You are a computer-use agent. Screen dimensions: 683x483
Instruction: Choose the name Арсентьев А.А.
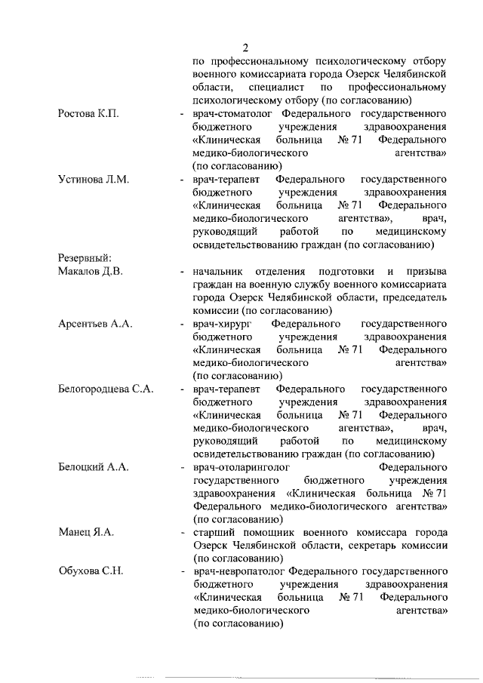coord(95,324)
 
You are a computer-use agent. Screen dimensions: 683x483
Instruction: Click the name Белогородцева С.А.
coord(106,389)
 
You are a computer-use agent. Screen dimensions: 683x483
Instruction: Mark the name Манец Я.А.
coord(86,533)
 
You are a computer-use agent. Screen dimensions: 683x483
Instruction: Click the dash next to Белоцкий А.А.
coord(181,468)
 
